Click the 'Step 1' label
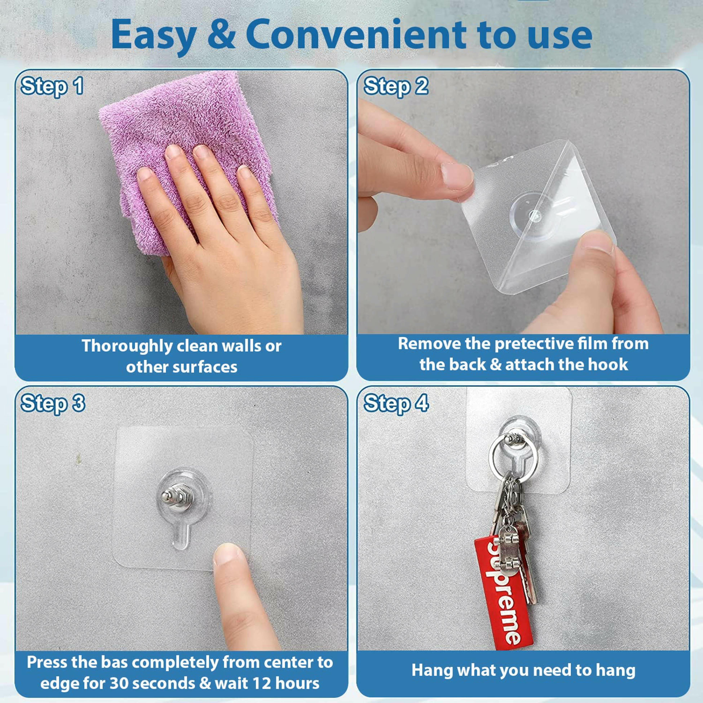coord(52,87)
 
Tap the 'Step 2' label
coord(396,87)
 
